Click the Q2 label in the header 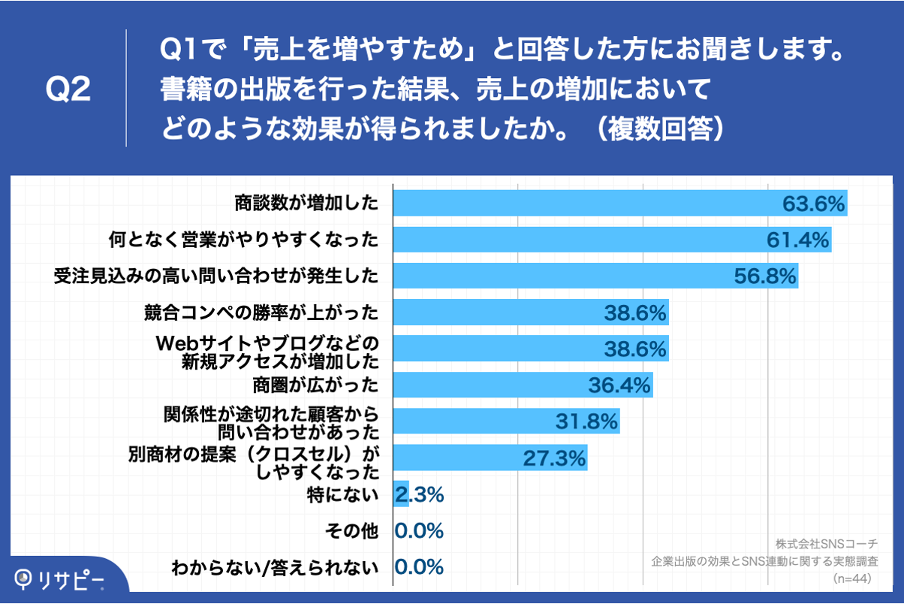[x=68, y=89]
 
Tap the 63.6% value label [x=814, y=204]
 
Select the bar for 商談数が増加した [x=586, y=204]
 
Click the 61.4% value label [x=797, y=240]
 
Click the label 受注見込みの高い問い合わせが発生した [x=216, y=276]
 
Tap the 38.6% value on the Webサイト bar [x=635, y=349]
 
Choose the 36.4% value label [x=619, y=386]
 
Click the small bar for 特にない [x=402, y=494]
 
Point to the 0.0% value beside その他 [x=419, y=531]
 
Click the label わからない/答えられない [x=275, y=567]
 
